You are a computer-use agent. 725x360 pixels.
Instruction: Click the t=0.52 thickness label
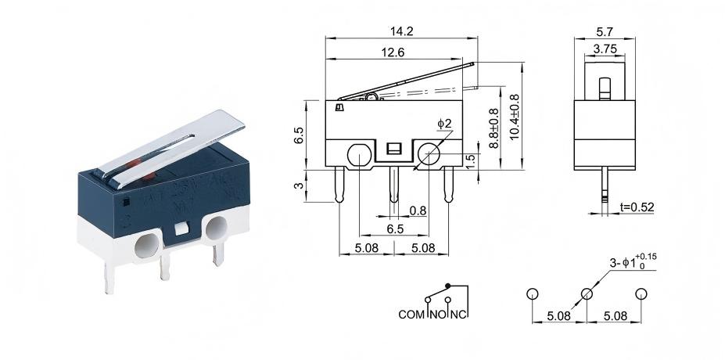click(x=636, y=207)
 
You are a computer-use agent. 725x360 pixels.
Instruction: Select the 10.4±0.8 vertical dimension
click(x=514, y=117)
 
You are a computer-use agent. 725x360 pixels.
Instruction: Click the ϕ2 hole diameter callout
click(x=444, y=123)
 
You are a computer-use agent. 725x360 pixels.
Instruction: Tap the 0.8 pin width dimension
click(x=418, y=210)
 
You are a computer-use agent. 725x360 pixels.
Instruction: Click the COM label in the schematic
click(x=411, y=315)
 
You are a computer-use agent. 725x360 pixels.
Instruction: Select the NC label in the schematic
click(x=460, y=315)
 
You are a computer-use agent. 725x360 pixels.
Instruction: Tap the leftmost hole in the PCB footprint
click(x=533, y=294)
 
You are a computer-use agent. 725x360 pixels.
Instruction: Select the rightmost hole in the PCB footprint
click(x=641, y=294)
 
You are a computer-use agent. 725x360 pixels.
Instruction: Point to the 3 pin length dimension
click(x=298, y=185)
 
